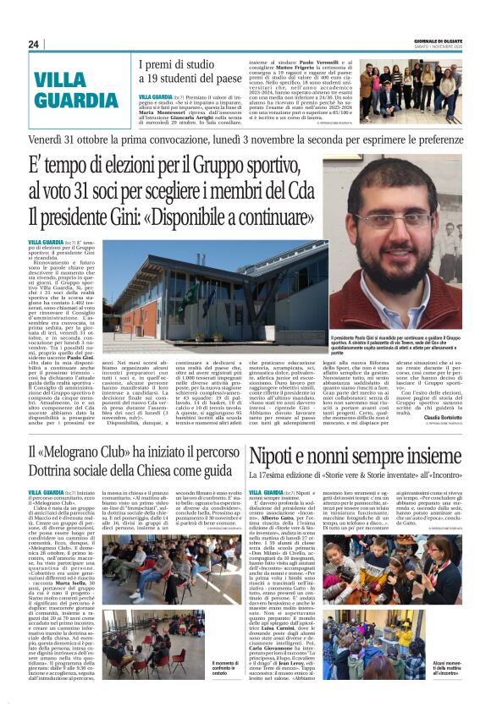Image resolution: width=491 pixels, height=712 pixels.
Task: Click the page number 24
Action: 35,44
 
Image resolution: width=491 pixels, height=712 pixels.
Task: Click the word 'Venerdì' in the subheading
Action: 52,138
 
